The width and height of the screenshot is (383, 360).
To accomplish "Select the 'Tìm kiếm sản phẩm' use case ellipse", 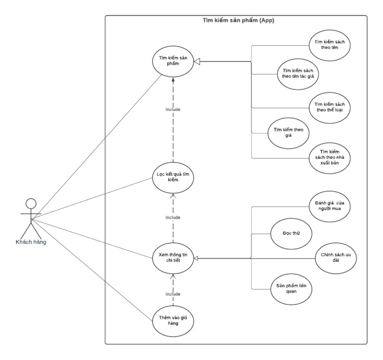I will pos(173,61).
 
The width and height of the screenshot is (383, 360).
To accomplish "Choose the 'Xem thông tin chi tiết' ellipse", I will pos(173,258).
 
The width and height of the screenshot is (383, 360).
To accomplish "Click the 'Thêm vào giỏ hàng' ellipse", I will pos(173,320).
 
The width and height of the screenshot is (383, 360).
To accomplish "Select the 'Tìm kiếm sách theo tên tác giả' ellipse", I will pos(297,73).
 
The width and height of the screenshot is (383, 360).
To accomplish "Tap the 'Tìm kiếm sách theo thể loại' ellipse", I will pos(330,106).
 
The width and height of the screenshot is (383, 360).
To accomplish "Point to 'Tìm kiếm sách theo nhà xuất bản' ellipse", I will pos(330,158).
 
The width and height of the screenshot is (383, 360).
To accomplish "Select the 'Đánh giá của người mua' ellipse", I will pos(330,205).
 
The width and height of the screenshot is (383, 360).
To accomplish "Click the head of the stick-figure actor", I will pos(31,204).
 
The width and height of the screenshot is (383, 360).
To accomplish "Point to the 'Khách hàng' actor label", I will pos(31,242).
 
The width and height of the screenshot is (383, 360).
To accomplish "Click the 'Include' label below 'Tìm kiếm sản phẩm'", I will pos(173,109).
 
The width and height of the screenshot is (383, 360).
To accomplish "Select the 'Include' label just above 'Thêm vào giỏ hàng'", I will pos(173,294).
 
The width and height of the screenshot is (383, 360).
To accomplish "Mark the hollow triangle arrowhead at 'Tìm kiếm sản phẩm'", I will pos(196,61).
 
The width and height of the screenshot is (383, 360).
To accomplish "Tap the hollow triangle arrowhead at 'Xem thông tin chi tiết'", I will pos(196,258).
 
